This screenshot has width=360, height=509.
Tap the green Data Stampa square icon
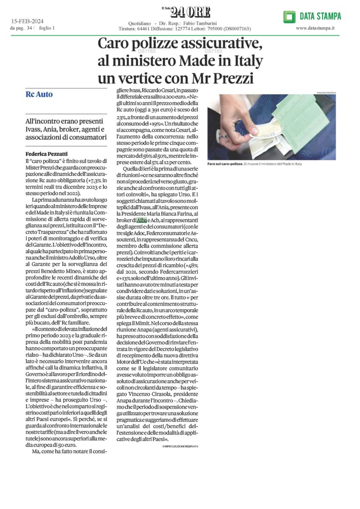coord(290,17)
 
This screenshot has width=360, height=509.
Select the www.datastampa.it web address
coord(315,28)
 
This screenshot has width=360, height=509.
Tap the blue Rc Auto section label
coord(39,94)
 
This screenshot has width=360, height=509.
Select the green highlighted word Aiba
coord(142,220)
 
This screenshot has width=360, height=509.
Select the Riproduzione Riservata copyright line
coord(180,446)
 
